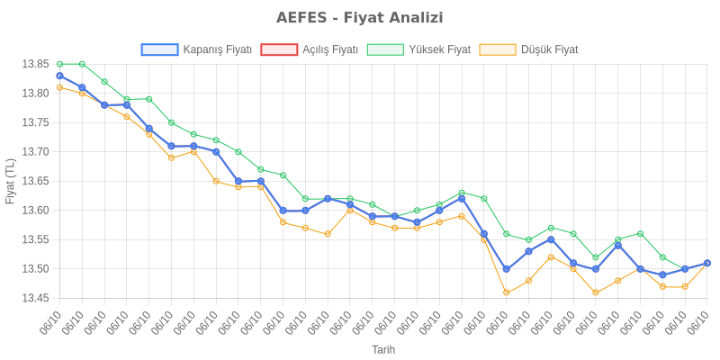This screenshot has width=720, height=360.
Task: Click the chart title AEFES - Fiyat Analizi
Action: (360, 18)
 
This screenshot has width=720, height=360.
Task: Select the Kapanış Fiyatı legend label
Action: (217, 49)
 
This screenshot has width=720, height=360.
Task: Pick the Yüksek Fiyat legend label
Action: (439, 49)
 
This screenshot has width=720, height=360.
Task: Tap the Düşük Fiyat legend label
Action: (550, 49)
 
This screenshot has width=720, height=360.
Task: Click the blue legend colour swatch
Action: (159, 49)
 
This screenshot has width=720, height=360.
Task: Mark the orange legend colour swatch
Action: (498, 49)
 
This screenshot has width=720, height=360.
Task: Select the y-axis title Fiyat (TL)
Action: (11, 181)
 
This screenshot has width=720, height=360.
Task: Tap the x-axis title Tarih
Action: (383, 349)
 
